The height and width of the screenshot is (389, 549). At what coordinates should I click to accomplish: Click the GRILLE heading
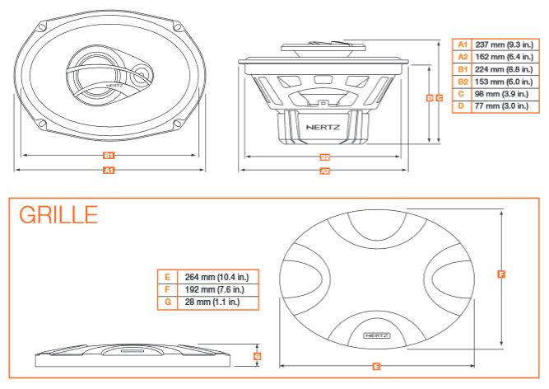(x=58, y=215)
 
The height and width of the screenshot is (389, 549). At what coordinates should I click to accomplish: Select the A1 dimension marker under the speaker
(x=108, y=171)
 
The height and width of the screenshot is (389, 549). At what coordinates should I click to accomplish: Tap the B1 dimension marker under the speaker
(x=108, y=155)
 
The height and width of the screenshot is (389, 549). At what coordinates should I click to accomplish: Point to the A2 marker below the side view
(x=324, y=171)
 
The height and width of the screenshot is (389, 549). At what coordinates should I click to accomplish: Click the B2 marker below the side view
(x=324, y=157)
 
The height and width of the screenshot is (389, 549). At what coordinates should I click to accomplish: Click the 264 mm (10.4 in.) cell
(x=218, y=277)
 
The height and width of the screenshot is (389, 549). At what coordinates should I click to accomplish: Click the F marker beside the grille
(x=501, y=274)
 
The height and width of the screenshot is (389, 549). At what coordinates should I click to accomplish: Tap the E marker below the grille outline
(x=375, y=364)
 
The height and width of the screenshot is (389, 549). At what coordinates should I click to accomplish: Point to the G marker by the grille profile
(x=258, y=356)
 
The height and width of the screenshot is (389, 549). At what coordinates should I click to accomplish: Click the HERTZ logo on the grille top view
(x=378, y=336)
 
